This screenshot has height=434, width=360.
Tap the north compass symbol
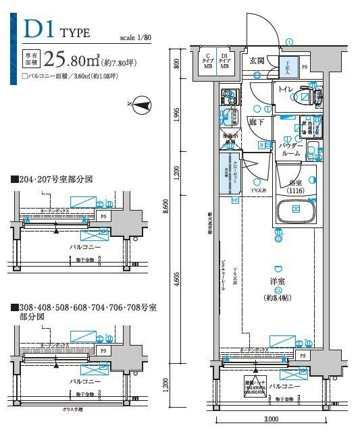[x=141, y=104]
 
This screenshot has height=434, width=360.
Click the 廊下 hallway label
[x=256, y=123]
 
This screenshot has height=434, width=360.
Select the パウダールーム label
[x=290, y=149]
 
